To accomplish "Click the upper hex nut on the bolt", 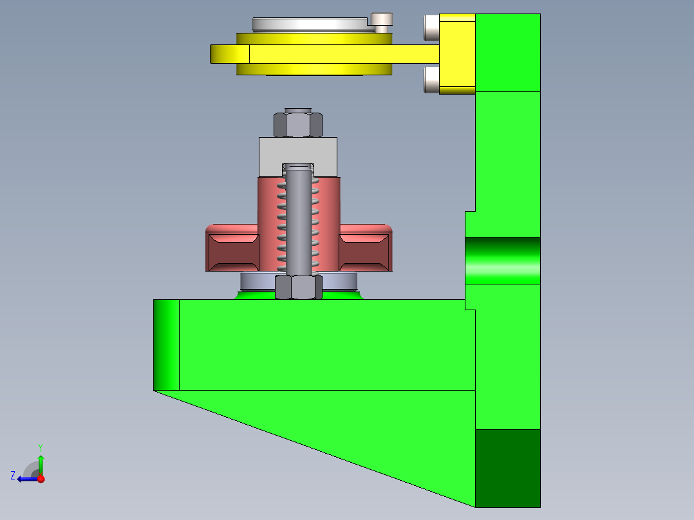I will [x=298, y=124].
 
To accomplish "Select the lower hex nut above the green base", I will [x=298, y=287].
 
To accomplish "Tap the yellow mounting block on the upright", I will [x=457, y=54].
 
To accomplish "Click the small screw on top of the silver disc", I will [x=382, y=21].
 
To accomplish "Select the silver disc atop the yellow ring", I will [x=309, y=24].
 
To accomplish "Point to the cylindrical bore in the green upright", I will [x=502, y=260].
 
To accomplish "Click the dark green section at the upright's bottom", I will [x=507, y=468].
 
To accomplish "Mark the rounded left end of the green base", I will [x=166, y=344].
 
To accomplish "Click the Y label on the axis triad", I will [x=40, y=446].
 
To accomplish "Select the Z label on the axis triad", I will [x=13, y=476].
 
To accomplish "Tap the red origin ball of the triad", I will [x=41, y=478].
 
